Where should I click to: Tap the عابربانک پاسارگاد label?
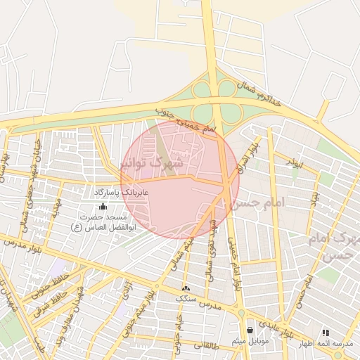point(117,192)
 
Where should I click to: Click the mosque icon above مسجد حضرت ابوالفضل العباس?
point(103,207)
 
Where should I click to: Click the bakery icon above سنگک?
point(186,288)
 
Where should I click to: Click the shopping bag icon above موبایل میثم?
point(249,329)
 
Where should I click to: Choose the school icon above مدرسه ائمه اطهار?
point(325,333)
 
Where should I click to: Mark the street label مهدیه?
point(56,208)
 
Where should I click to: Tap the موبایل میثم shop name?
point(249,342)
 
